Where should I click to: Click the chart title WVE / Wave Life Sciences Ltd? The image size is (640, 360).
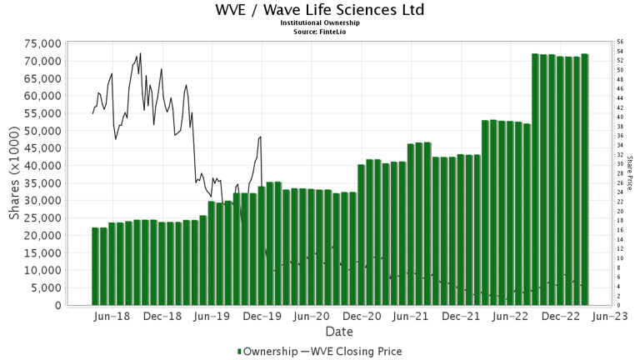[x=319, y=10]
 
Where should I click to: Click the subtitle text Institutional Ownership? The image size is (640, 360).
[x=319, y=23]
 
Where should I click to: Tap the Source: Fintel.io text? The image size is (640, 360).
[x=319, y=32]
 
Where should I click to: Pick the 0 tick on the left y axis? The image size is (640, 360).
[x=58, y=306]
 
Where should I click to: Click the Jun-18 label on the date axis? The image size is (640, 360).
[x=112, y=317]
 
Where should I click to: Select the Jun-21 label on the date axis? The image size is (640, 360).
[x=412, y=317]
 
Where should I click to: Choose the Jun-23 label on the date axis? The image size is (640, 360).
[x=612, y=317]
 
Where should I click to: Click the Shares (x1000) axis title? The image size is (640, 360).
[x=15, y=174]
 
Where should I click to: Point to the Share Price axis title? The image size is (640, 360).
[x=631, y=173]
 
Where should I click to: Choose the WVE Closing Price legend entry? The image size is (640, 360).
[x=357, y=352]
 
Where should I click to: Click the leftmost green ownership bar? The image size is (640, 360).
[x=96, y=267]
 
